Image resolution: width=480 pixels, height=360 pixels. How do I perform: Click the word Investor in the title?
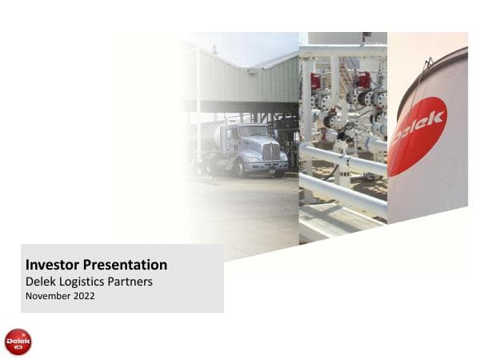click(50, 265)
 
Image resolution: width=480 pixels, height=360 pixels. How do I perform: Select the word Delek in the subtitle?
click(42, 282)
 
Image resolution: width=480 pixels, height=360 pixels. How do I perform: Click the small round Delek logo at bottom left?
click(18, 342)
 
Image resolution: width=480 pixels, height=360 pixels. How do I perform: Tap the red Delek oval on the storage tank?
click(417, 135)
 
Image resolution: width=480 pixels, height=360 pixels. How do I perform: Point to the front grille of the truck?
click(271, 151)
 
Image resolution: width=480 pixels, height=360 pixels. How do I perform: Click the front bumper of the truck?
click(268, 166)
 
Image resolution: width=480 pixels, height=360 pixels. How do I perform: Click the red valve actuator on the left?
click(316, 82)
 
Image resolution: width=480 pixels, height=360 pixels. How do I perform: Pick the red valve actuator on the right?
click(364, 79)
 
